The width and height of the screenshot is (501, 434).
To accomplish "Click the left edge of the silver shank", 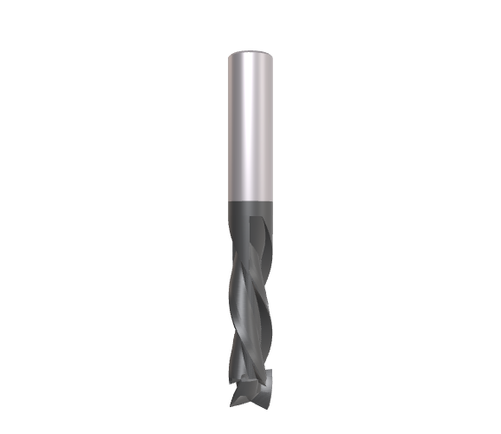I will [228, 122].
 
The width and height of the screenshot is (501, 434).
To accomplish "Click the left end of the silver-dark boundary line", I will [228, 199].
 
